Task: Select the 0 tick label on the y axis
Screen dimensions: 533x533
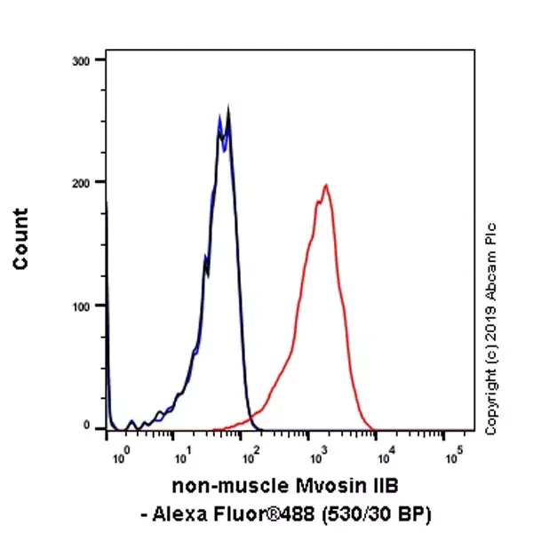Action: tap(87, 426)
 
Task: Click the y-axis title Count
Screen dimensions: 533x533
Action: tap(20, 239)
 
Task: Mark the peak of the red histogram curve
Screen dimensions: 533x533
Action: tap(326, 186)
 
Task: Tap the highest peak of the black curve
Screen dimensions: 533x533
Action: tap(228, 107)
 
